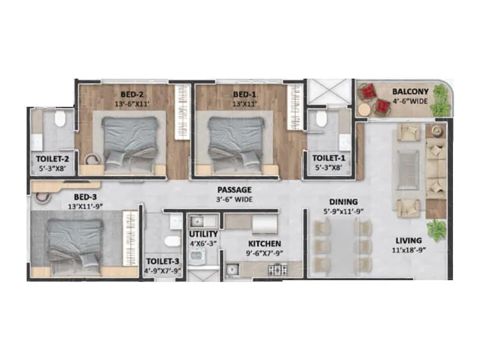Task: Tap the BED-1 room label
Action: point(244,94)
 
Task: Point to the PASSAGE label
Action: point(235,190)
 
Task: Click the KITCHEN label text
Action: point(265,244)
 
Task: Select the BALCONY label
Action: point(410,92)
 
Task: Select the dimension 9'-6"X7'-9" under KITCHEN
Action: point(265,253)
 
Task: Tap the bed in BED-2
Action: point(133,141)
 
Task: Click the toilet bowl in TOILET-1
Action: point(322,118)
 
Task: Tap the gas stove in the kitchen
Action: point(277,270)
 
